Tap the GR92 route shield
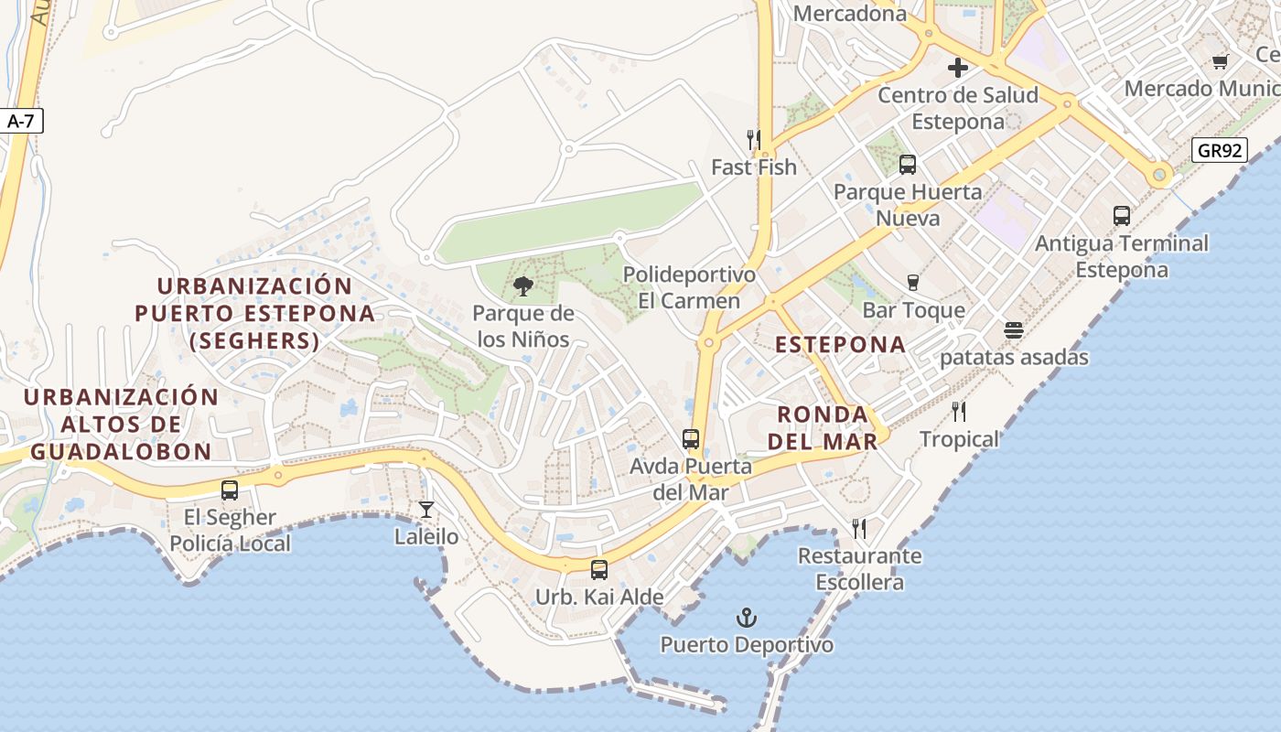coord(1221,150)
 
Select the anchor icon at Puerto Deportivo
coord(747,618)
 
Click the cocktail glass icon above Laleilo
coord(426,510)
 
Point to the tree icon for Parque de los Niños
coord(523,286)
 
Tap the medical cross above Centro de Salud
coord(958,68)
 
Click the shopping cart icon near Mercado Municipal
coord(1220,61)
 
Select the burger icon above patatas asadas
coord(1014,329)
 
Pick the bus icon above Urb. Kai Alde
coord(599,569)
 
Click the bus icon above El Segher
coord(230,490)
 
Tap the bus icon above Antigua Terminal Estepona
coord(1122,216)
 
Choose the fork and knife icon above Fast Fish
coord(754,140)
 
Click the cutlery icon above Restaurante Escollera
coord(859,529)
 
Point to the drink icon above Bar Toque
coord(912,283)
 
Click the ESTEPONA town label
coord(841,345)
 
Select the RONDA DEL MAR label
coord(827,427)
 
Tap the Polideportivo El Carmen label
coord(689,287)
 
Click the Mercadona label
coord(850,14)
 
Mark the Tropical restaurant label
coord(959,439)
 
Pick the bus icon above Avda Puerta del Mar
coord(691,439)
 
